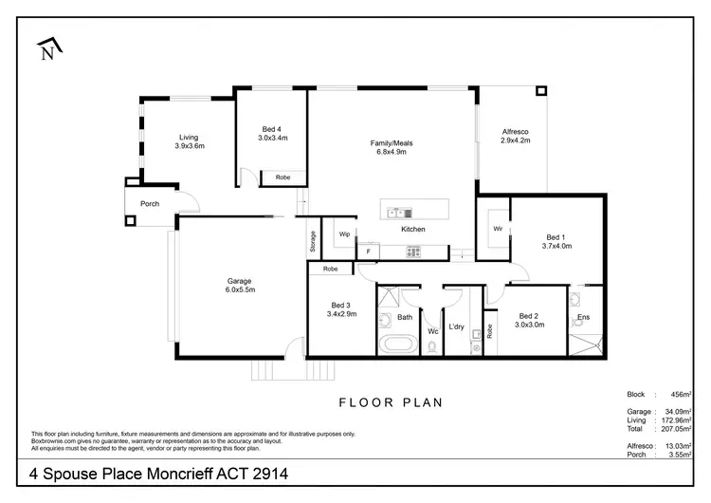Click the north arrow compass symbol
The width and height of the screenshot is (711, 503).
[47, 50]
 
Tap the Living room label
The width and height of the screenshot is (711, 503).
[189, 141]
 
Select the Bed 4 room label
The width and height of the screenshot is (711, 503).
[272, 133]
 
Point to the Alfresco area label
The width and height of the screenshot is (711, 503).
[515, 135]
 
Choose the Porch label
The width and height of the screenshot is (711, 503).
[150, 204]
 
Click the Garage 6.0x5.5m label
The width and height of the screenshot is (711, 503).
[240, 285]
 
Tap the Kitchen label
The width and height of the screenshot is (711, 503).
[412, 230]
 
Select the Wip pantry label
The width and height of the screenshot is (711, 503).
[344, 233]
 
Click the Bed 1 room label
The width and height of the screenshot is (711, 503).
[556, 240]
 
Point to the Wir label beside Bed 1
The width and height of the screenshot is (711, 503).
[497, 229]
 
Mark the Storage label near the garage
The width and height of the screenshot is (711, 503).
[312, 241]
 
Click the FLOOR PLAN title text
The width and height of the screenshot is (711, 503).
[390, 402]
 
